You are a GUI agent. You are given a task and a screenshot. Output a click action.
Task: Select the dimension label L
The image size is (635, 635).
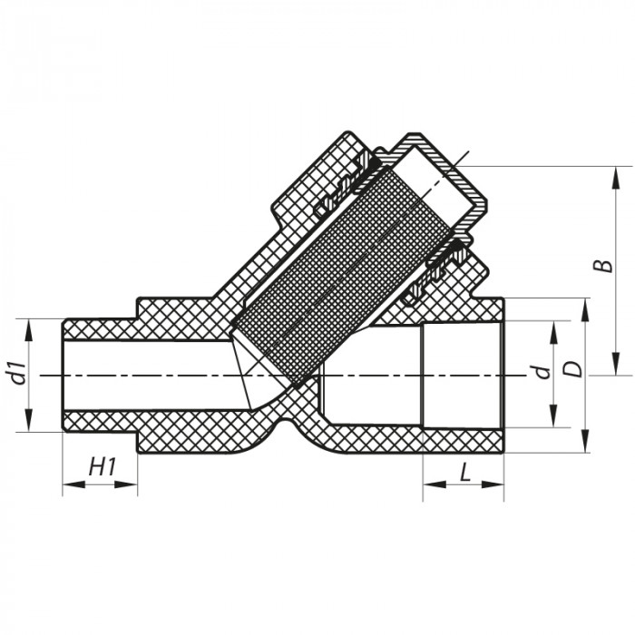pyautogui.click(x=464, y=473)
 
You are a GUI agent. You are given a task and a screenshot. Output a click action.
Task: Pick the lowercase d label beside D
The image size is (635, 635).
pyautogui.click(x=540, y=372)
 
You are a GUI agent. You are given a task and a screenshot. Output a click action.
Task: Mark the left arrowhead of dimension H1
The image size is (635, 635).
pyautogui.click(x=68, y=485)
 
